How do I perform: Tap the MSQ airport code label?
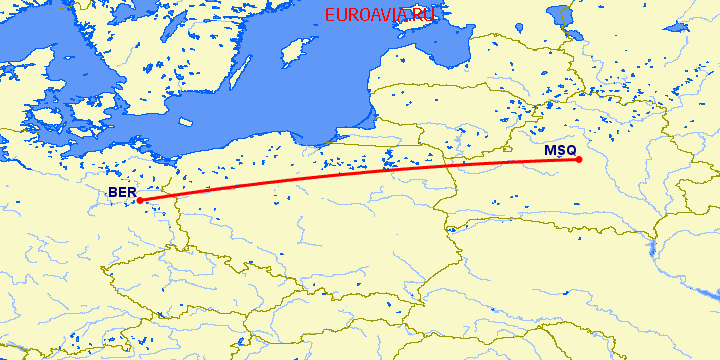(560, 151)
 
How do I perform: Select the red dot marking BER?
(140, 201)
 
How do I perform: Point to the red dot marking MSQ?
(579, 160)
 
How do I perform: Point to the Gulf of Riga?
(440, 40)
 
